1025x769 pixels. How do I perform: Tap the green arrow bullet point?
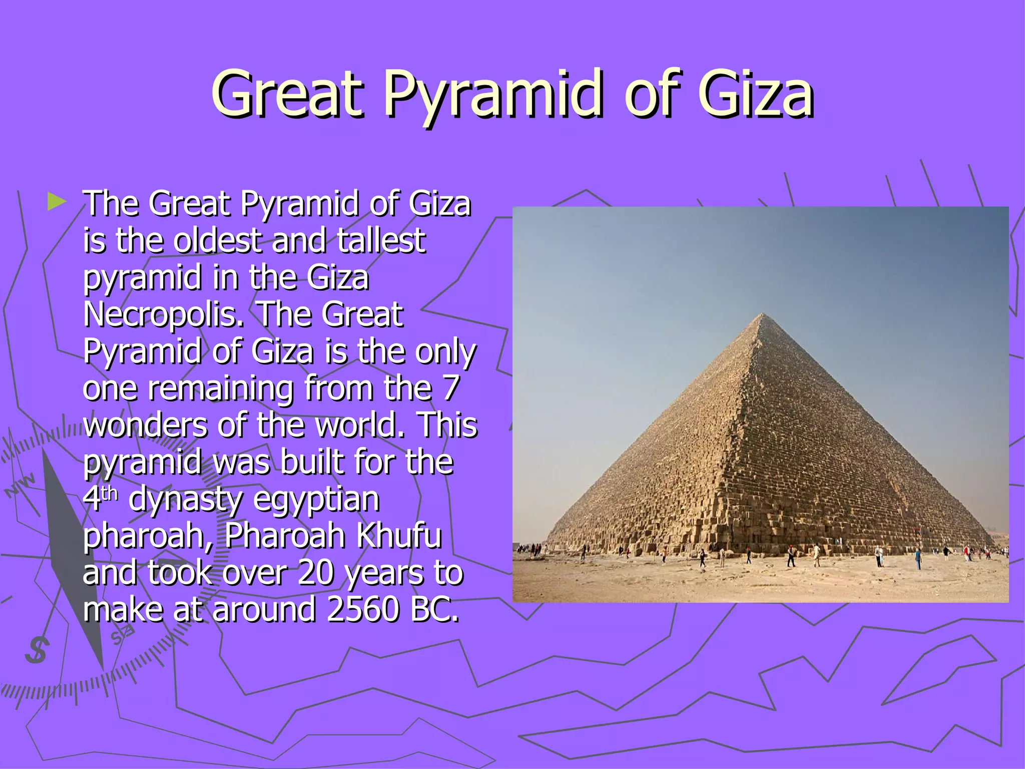click(57, 202)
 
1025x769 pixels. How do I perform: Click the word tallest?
click(381, 240)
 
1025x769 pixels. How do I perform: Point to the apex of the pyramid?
click(762, 314)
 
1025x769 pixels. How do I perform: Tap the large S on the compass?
click(37, 650)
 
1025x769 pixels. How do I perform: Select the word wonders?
click(145, 425)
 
